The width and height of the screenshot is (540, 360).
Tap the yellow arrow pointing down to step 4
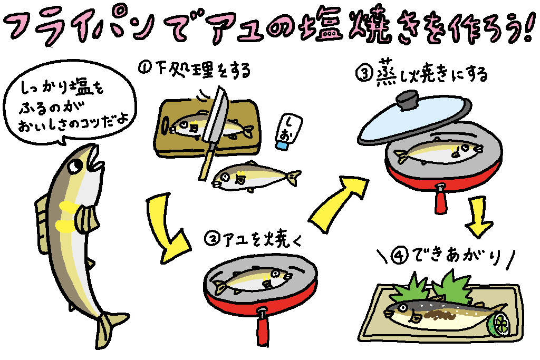(479, 216)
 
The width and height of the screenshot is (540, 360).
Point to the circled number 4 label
(398, 256)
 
